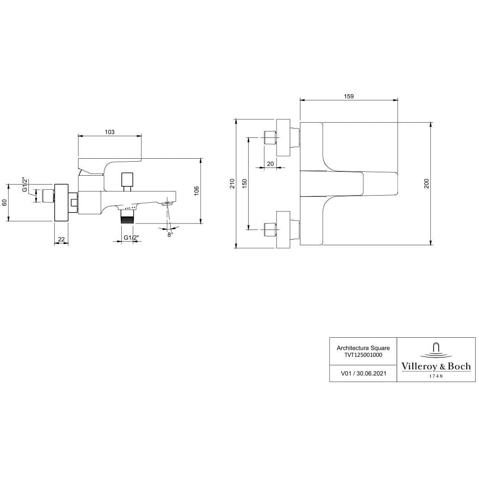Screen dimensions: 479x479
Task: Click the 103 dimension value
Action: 109,132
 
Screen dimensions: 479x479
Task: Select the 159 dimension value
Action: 348,96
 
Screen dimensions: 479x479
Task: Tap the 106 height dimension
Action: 196,190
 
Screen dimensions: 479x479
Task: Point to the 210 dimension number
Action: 232,183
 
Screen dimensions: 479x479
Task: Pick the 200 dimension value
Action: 427,183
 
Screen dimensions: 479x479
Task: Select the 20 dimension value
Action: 270,164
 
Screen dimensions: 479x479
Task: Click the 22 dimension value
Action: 62,239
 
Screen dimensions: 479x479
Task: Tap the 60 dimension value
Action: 5,202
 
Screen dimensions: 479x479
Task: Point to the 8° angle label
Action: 170,235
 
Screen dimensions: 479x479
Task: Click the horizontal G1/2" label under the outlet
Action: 131,238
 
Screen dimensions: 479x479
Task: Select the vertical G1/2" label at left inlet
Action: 25,185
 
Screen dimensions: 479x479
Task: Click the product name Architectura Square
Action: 363,347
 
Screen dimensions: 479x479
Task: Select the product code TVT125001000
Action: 363,355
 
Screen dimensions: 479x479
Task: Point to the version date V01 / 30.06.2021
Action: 363,374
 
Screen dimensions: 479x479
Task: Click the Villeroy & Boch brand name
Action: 436,366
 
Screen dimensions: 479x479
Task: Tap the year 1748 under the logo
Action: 436,376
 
